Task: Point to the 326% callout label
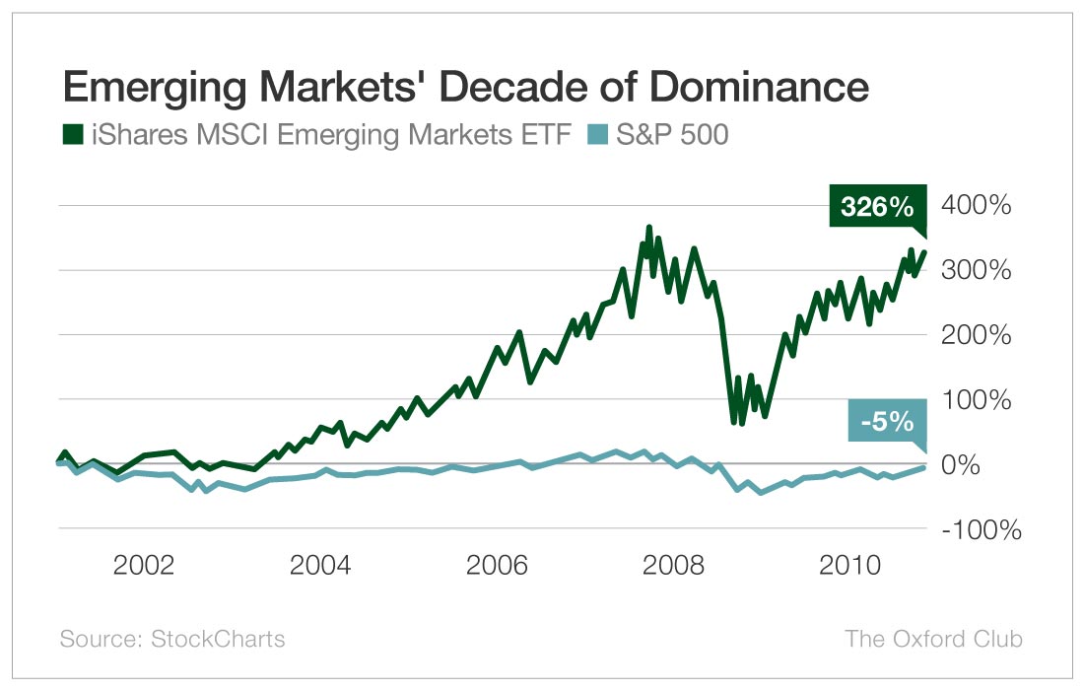coord(877,208)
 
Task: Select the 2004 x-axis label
coord(319,567)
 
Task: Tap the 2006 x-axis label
coord(497,567)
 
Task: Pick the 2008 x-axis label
coord(673,567)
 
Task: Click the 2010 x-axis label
coord(849,567)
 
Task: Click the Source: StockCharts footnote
coord(172,639)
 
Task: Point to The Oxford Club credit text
coord(933,639)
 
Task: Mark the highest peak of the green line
coord(648,229)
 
